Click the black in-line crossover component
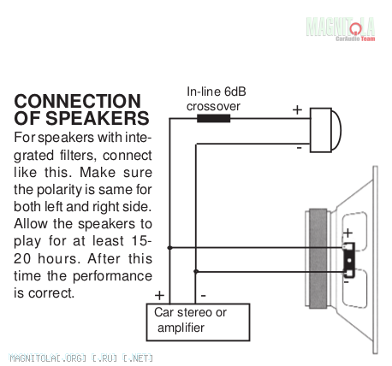(x=213, y=118)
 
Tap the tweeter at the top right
(x=325, y=130)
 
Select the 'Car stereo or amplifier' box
(x=198, y=322)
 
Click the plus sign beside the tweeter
(x=297, y=109)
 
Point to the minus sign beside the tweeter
(x=299, y=148)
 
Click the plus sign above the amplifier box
(x=159, y=295)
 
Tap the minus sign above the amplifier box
(x=203, y=296)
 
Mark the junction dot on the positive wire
(x=169, y=248)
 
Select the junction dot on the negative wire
(x=196, y=271)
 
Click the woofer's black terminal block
(x=349, y=260)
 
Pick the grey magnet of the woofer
(x=318, y=258)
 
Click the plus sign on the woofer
(x=347, y=233)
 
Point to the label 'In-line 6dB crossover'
(x=216, y=99)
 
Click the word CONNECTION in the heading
(x=77, y=101)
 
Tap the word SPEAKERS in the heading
(x=98, y=118)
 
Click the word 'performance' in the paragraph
(x=112, y=277)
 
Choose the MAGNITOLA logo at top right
(x=341, y=29)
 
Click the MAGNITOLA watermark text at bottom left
(x=80, y=358)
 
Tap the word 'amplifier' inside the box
(x=181, y=328)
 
